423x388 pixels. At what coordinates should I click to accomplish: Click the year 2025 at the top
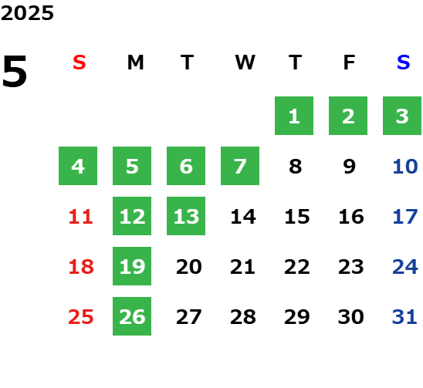tap(27, 13)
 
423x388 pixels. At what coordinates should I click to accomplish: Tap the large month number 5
tap(15, 71)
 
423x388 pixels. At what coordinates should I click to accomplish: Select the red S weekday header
tap(80, 62)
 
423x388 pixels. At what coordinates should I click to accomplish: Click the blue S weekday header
tap(403, 62)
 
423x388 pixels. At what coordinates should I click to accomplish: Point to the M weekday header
tap(135, 62)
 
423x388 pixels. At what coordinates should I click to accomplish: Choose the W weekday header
tap(245, 62)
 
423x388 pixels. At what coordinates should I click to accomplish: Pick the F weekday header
tap(350, 62)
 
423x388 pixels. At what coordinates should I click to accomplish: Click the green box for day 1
tap(294, 116)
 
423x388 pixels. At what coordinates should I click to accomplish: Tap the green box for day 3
tap(402, 116)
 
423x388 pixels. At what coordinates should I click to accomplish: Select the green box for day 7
tap(240, 166)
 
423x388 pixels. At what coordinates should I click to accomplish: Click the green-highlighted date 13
tap(186, 216)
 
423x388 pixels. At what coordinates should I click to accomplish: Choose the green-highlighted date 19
tap(132, 266)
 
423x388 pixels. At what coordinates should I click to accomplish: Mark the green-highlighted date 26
tap(132, 316)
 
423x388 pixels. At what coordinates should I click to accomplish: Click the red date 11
tap(80, 216)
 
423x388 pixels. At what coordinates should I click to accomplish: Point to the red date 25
tap(80, 316)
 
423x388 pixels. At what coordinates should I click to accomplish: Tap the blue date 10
tap(405, 166)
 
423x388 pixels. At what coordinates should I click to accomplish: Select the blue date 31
tap(404, 316)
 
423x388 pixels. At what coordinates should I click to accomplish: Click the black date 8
tap(296, 166)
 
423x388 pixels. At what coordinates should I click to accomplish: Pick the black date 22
tap(296, 266)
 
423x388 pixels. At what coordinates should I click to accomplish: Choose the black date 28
tap(243, 316)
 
